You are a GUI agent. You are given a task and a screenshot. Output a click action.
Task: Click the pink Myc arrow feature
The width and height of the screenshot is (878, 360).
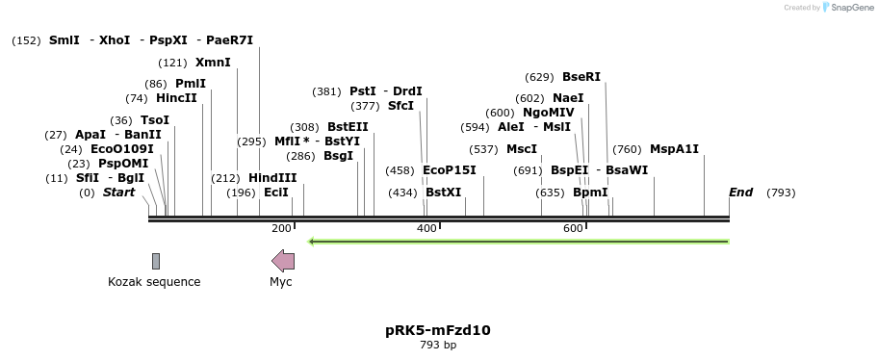[x=283, y=260]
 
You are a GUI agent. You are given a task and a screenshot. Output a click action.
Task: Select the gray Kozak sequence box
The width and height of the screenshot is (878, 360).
[x=155, y=261]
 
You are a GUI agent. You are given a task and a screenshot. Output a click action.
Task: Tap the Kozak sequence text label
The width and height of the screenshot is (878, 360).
[x=154, y=282]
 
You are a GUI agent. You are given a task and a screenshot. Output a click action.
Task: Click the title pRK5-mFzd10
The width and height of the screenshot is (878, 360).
[x=438, y=329]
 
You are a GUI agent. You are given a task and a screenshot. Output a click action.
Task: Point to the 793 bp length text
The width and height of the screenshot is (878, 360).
[x=438, y=345]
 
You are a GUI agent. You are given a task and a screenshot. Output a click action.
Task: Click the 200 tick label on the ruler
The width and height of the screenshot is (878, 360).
[x=281, y=228]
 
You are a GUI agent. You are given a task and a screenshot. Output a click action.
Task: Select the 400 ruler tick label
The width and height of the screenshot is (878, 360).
[x=426, y=228]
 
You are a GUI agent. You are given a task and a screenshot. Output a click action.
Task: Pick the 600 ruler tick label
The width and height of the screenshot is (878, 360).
[x=573, y=228]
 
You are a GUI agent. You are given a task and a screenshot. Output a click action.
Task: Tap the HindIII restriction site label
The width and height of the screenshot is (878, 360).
[x=272, y=177]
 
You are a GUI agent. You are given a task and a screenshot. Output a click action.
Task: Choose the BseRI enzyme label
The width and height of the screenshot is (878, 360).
[x=581, y=77]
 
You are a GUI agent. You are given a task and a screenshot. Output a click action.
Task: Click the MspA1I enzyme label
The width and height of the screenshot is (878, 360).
[x=674, y=148]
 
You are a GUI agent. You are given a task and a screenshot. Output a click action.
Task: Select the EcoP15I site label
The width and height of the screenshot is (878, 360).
[x=450, y=170]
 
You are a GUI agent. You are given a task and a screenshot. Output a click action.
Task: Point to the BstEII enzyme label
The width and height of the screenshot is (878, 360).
[x=348, y=126]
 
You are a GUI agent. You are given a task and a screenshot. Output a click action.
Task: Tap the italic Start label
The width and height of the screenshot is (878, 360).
[x=118, y=193]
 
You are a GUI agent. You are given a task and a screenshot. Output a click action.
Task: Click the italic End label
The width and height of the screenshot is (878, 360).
[x=740, y=193]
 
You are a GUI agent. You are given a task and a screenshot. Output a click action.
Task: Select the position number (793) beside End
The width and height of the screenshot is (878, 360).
[x=781, y=193]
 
